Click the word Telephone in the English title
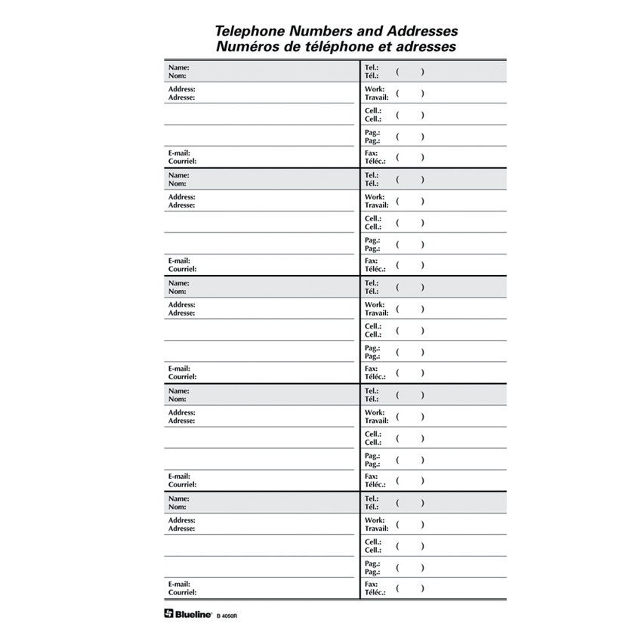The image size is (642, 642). click(x=250, y=32)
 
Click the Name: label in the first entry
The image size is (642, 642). click(x=178, y=67)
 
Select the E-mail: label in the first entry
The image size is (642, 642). click(x=180, y=153)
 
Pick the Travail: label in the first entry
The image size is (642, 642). click(x=376, y=97)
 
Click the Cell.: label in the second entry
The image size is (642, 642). click(x=373, y=218)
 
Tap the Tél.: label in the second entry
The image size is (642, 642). click(x=372, y=184)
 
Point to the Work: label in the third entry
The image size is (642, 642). click(x=375, y=304)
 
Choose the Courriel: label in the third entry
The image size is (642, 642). click(x=182, y=376)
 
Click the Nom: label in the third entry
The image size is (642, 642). click(x=177, y=291)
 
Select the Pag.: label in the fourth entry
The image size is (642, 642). click(x=372, y=455)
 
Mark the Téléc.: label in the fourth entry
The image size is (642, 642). click(x=375, y=484)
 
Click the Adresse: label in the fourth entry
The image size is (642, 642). click(x=181, y=421)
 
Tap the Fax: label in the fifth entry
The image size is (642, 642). click(x=371, y=584)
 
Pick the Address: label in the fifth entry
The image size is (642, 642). click(x=181, y=520)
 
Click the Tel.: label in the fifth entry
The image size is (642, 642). click(x=372, y=498)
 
